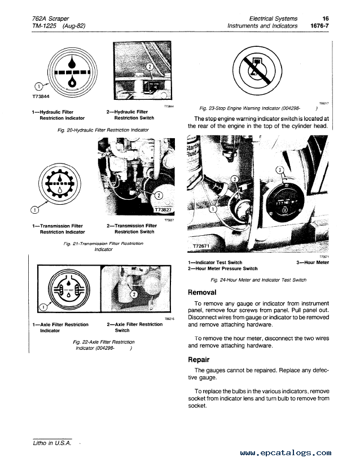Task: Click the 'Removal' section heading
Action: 202,292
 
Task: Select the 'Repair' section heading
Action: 199,359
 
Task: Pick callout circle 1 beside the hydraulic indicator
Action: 38,87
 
